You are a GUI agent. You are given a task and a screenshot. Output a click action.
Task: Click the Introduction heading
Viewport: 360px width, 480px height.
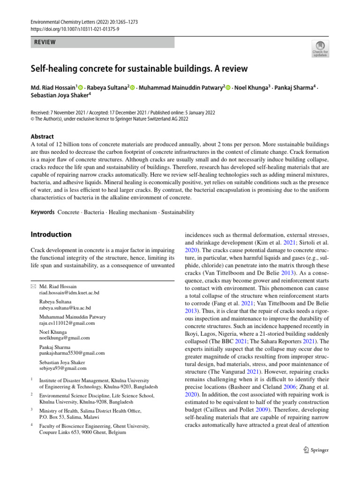[51, 234]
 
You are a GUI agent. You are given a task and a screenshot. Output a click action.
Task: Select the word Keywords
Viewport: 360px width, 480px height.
[43, 212]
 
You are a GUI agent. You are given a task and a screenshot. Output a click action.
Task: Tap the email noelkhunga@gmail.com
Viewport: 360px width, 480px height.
[65, 337]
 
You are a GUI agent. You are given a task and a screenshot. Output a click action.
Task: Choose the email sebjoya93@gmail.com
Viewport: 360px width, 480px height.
[63, 368]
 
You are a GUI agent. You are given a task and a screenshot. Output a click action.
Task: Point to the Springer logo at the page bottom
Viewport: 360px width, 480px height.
[316, 450]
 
